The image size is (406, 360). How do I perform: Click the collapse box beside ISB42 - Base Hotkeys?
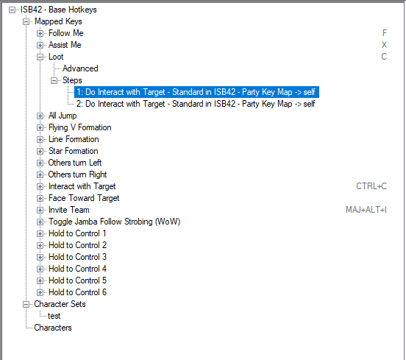[12, 10]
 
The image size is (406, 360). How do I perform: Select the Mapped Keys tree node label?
[58, 21]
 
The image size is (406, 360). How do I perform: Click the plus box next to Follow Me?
[40, 33]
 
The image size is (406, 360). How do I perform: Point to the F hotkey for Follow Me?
[384, 33]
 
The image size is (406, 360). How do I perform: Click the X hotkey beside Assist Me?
[384, 45]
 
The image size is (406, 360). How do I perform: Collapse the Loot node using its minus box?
[40, 57]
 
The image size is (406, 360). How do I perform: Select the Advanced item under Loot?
[80, 68]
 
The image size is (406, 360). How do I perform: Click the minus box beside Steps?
[54, 80]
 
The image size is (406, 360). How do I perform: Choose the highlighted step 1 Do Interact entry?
[196, 92]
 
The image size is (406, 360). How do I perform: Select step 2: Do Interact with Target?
[196, 104]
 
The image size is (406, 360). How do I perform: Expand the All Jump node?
[40, 116]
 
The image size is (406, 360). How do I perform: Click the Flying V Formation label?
[80, 127]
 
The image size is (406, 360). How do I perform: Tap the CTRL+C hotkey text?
[371, 186]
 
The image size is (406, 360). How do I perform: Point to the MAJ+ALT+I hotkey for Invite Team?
[366, 210]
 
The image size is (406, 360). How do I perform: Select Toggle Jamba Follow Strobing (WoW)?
[114, 222]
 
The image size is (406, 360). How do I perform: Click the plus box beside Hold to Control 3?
[40, 257]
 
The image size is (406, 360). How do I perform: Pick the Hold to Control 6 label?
[77, 292]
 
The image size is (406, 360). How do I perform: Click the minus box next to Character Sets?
[26, 304]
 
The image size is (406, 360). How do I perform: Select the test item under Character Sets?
[54, 316]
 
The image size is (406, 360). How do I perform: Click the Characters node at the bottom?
[53, 328]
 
